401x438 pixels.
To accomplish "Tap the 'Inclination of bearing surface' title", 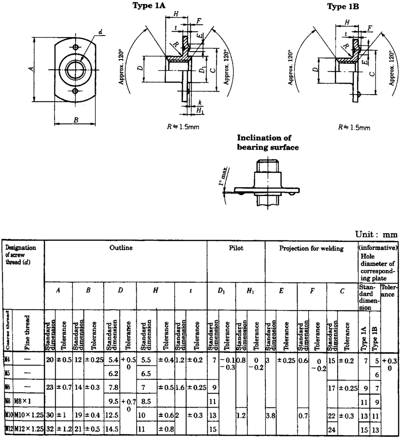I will point(268,143).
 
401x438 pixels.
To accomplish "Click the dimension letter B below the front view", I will point(76,120).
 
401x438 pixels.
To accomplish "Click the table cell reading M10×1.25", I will point(29,416).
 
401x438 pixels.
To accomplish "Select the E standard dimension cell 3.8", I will point(271,416).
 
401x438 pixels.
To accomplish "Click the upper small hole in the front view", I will point(76,46).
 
